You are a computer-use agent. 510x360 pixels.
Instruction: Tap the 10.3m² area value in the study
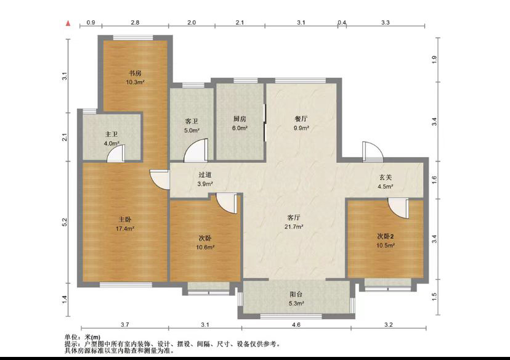[x=135, y=82]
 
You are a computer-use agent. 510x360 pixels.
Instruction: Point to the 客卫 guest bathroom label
[x=192, y=121]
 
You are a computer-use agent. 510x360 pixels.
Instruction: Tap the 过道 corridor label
[x=205, y=174]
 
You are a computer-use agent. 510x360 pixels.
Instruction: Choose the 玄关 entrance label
[x=386, y=178]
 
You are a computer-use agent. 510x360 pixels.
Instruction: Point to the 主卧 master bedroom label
[x=125, y=219]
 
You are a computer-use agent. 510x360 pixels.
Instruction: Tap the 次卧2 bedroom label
[x=386, y=236]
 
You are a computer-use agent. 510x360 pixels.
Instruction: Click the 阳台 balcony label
[x=296, y=295]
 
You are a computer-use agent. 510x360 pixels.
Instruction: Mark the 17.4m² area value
[x=125, y=228]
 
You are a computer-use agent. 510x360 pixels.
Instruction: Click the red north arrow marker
[x=68, y=23]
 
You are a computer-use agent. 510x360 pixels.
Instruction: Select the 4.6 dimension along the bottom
[x=296, y=324]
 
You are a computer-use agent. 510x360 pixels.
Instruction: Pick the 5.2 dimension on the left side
[x=64, y=223]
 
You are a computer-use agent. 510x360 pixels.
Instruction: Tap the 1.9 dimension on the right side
[x=434, y=60]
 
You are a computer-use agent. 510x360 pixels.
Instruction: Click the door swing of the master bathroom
[x=116, y=154]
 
